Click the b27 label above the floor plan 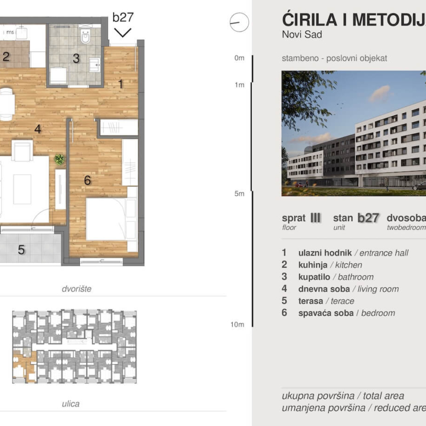(123, 17)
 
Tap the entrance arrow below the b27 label (123, 32)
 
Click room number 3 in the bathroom (76, 58)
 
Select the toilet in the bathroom (86, 37)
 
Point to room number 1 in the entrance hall (121, 84)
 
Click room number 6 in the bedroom (87, 180)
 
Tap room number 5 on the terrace (21, 250)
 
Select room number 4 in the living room (38, 129)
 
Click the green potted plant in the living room (59, 159)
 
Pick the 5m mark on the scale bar (239, 193)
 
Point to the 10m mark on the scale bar (237, 324)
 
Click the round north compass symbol (239, 22)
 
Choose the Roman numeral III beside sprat (315, 217)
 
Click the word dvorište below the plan (76, 289)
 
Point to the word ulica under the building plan (70, 404)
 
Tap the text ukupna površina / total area (343, 396)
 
